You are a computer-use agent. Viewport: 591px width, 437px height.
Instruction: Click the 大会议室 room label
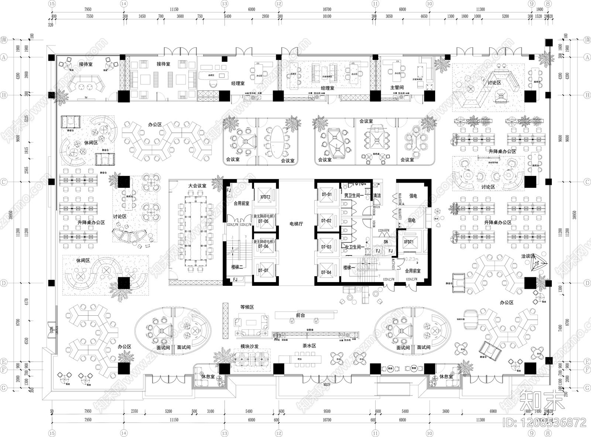click(197, 186)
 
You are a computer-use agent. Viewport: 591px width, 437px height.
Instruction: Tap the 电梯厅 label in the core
click(296, 224)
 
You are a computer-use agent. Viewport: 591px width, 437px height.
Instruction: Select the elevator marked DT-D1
click(327, 194)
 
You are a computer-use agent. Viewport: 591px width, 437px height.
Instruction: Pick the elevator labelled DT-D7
click(263, 271)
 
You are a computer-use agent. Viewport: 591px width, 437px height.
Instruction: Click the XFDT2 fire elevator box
click(265, 197)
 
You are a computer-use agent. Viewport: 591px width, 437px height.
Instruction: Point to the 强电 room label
click(413, 196)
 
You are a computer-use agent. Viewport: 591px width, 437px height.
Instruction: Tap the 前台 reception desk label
click(301, 315)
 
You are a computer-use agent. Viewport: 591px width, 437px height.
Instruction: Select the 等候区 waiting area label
click(247, 307)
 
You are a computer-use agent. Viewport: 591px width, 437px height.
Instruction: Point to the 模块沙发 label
click(249, 346)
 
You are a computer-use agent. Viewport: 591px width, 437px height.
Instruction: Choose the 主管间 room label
click(397, 88)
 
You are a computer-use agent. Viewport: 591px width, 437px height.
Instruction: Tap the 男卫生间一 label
click(354, 195)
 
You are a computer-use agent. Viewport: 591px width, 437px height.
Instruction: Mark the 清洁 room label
click(377, 196)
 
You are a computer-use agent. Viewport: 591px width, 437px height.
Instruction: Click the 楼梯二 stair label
click(238, 267)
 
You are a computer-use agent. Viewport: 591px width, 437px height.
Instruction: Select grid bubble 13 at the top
click(224, 3)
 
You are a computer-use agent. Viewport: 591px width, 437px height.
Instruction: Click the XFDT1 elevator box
click(409, 241)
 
